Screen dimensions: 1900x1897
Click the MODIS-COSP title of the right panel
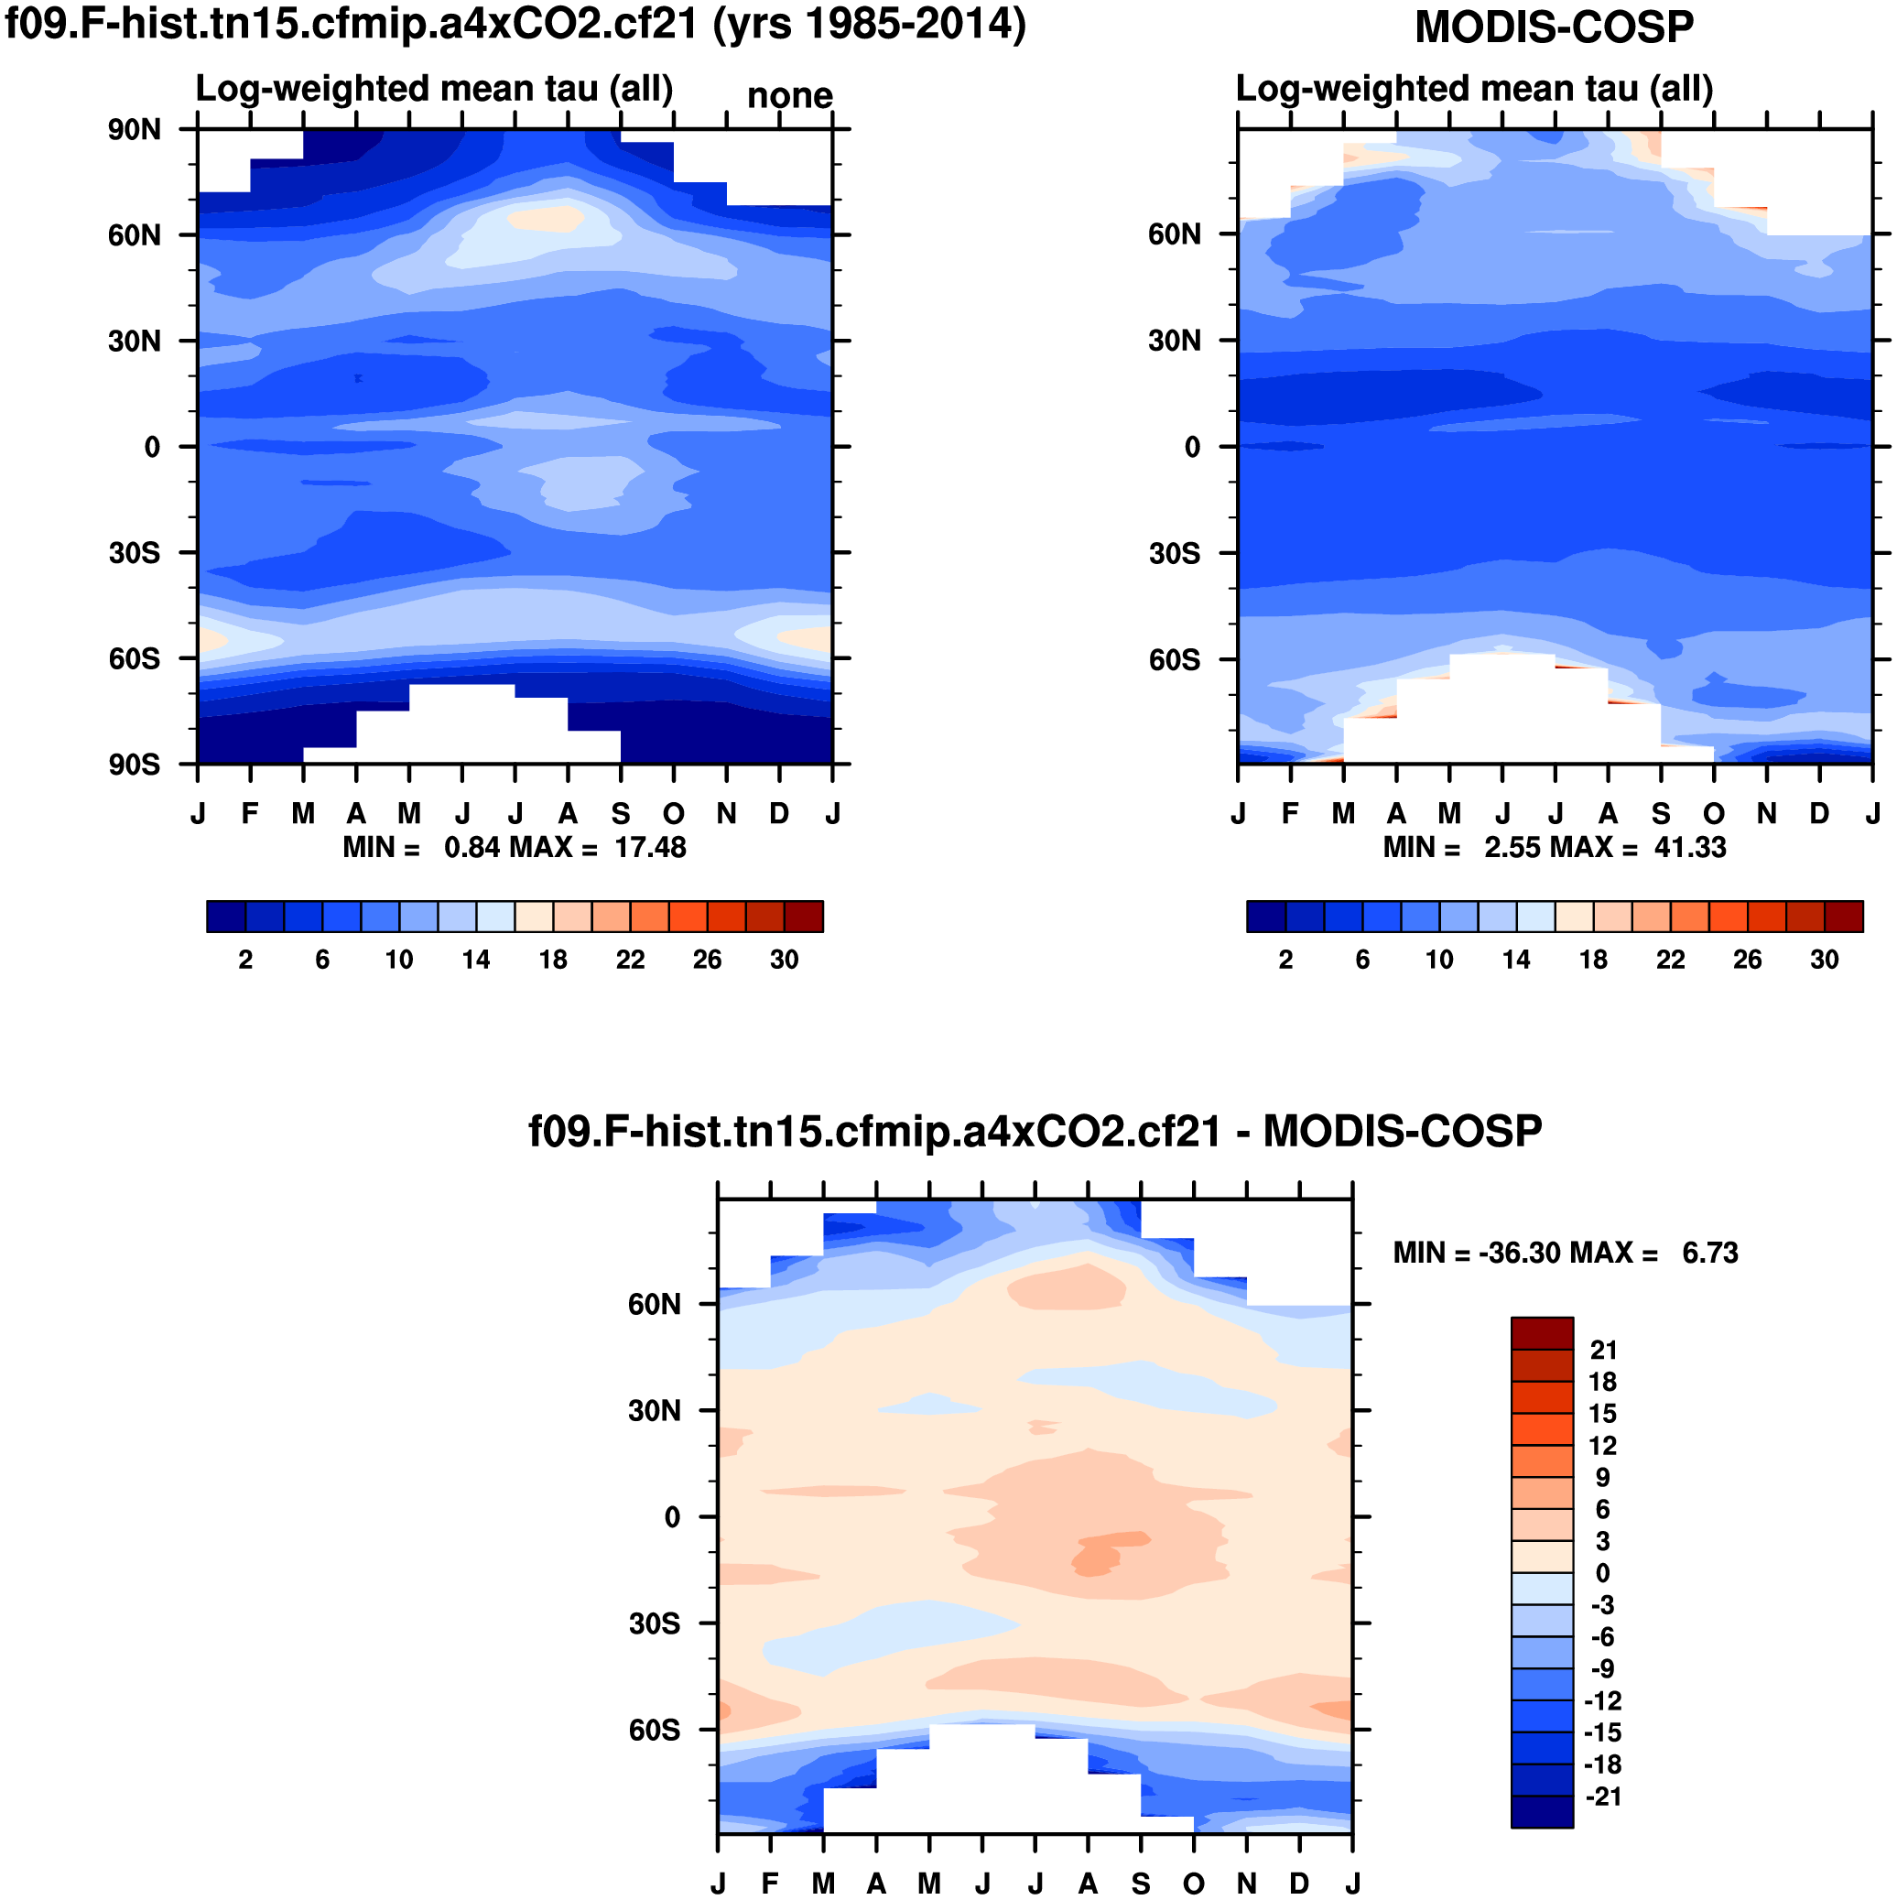click(1554, 27)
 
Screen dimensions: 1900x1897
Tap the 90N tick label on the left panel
click(135, 130)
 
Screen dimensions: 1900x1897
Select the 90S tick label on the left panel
click(135, 765)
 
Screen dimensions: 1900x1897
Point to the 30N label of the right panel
click(1175, 341)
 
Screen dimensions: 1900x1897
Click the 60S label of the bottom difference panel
click(654, 1730)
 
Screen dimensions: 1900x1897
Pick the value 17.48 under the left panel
click(650, 848)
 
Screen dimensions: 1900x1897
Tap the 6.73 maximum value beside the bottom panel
click(1710, 1253)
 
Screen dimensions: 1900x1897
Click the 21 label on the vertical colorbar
click(1603, 1351)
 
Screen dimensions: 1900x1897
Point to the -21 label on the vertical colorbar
click(1603, 1797)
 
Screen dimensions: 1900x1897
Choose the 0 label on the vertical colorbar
click(1602, 1573)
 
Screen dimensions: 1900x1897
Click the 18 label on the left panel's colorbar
click(553, 960)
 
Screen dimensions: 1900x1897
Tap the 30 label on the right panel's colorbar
click(1825, 960)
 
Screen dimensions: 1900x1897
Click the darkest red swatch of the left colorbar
click(804, 917)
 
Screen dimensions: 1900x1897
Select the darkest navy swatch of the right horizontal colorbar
click(1265, 917)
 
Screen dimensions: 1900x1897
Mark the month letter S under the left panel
click(621, 814)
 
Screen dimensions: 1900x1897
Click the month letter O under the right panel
click(1714, 814)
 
